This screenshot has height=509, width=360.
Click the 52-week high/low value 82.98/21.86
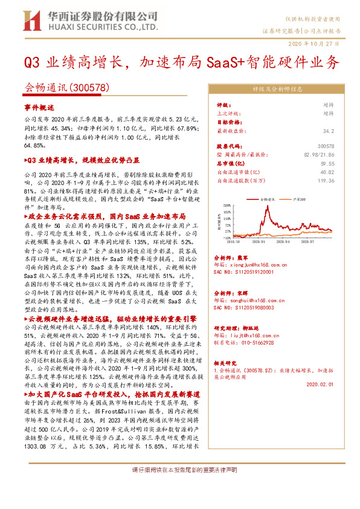click(320, 155)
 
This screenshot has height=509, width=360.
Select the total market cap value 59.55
click(326, 163)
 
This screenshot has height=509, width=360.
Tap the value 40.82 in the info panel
click(326, 172)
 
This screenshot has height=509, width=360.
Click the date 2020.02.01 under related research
click(320, 384)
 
